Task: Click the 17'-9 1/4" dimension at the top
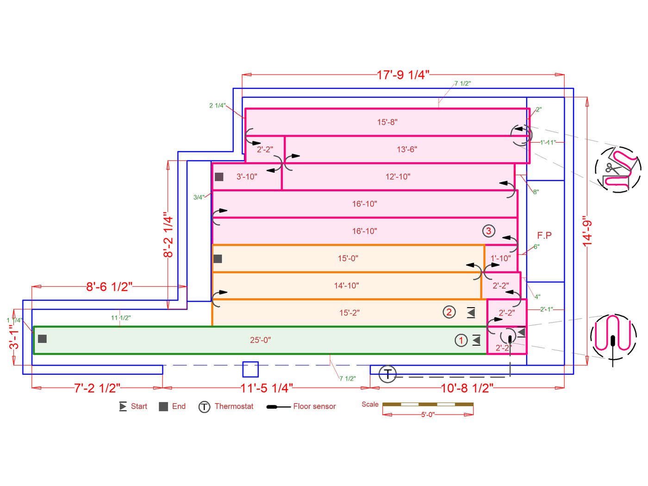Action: [x=403, y=75]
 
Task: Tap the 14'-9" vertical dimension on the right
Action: [x=587, y=231]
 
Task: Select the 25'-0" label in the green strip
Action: [x=260, y=340]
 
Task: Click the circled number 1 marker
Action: [x=461, y=341]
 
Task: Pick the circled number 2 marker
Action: [x=449, y=312]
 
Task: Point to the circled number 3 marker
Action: [x=488, y=231]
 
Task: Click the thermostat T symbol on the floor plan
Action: [x=388, y=374]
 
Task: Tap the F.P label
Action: [x=544, y=235]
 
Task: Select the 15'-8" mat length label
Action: [x=387, y=122]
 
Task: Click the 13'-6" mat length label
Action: [x=407, y=150]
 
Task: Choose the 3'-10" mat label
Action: [x=247, y=177]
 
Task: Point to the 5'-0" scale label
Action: [x=428, y=415]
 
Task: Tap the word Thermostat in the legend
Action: [x=234, y=406]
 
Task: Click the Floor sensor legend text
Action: [x=314, y=406]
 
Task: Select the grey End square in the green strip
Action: [x=42, y=339]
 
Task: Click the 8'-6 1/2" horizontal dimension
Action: [x=109, y=287]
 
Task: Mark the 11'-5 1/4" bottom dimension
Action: [x=267, y=388]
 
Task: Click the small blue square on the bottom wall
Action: [x=250, y=369]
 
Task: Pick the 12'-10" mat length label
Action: [x=398, y=177]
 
